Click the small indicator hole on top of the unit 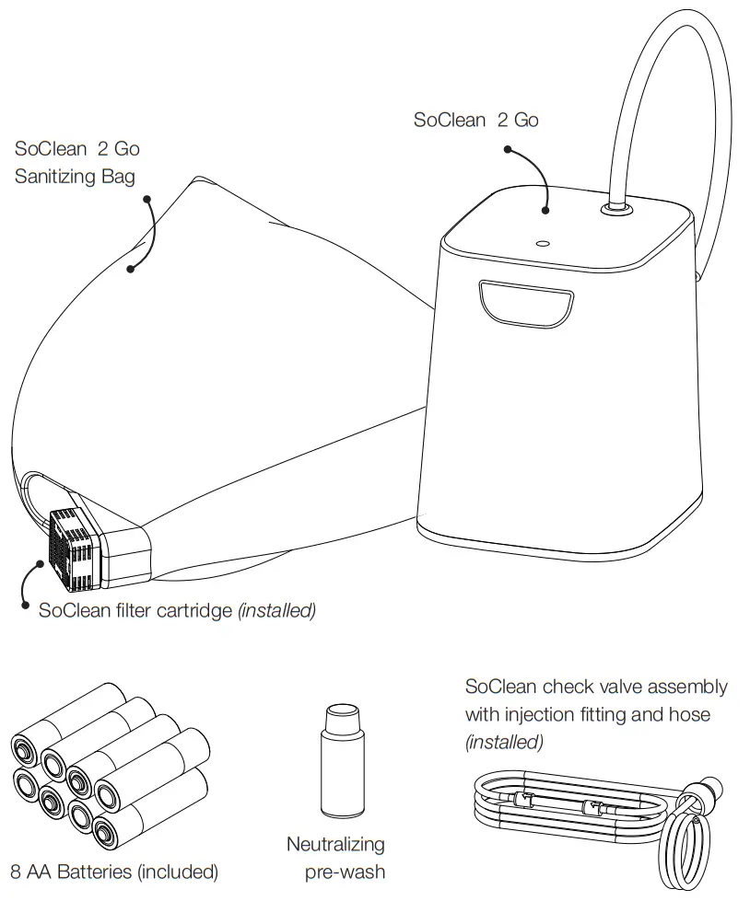coord(543,245)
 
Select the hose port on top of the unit coord(614,211)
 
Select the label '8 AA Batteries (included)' coord(114,871)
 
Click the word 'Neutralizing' coord(335,844)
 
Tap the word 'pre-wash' coord(344,871)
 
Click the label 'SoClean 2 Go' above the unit coord(475,120)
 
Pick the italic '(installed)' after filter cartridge coord(277,610)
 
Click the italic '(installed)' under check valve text coord(504,741)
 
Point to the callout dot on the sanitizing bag coord(131,270)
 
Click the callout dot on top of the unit coord(545,211)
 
